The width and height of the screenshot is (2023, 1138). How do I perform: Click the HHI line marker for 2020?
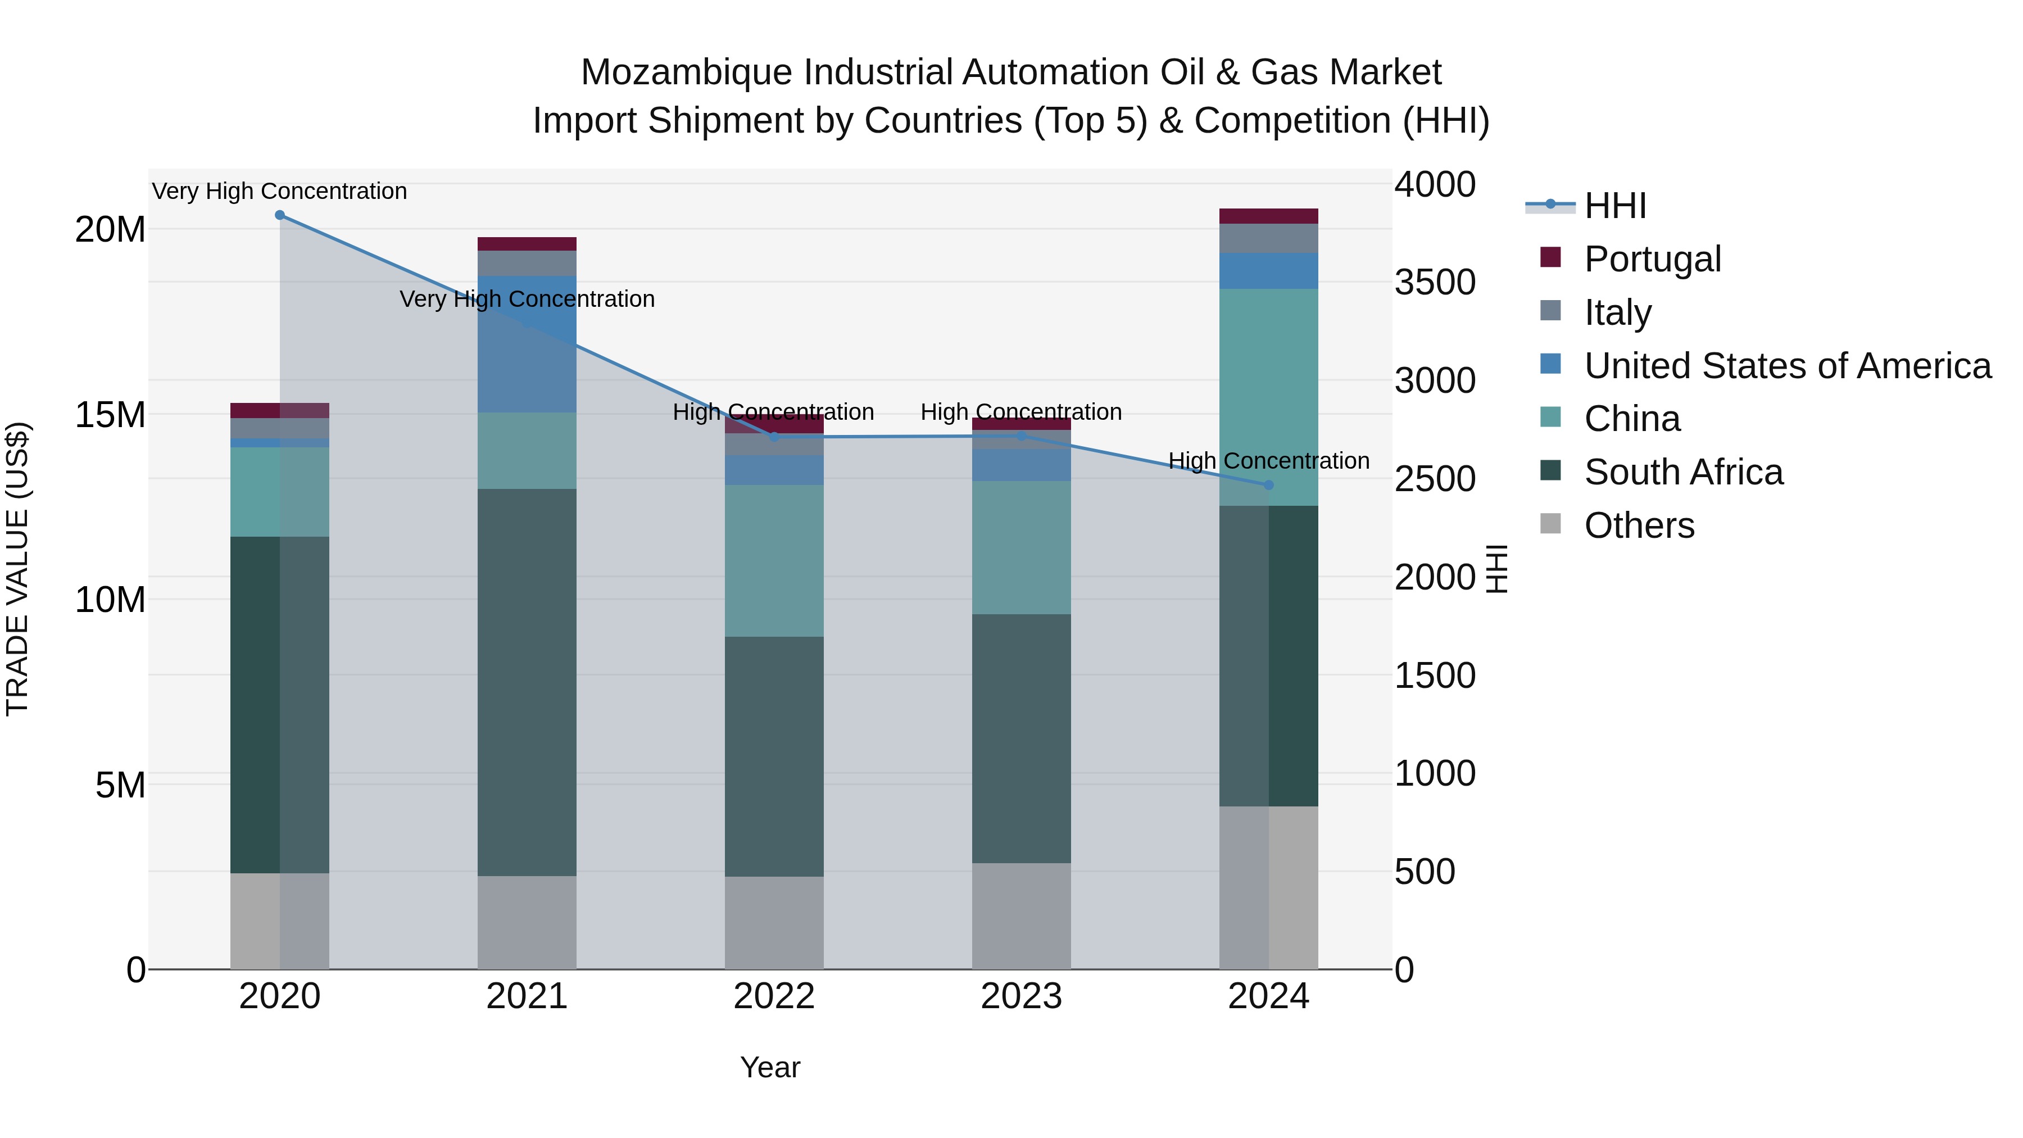(x=280, y=215)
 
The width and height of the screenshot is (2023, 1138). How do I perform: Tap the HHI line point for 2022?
(x=774, y=437)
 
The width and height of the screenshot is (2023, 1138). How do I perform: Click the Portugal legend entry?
(x=1652, y=259)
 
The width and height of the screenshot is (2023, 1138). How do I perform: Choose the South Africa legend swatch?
(x=1551, y=471)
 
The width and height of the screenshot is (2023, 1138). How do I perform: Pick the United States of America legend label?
(x=1788, y=366)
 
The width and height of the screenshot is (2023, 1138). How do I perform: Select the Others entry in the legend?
(x=1639, y=525)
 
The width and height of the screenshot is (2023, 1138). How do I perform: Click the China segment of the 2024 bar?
(x=1268, y=397)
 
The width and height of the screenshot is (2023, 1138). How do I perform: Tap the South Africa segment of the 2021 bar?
(x=527, y=682)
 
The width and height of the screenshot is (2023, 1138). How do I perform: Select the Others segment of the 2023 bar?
(x=1021, y=916)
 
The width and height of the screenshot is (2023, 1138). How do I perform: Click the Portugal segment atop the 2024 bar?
(x=1268, y=216)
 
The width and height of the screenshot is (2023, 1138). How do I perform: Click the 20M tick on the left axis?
(x=110, y=230)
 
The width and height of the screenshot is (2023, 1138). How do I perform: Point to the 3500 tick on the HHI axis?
(x=1434, y=283)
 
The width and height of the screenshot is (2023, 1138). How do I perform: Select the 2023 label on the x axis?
(x=1021, y=996)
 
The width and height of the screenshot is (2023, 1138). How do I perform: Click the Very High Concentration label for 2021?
(x=527, y=299)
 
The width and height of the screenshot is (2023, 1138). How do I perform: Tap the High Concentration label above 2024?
(x=1268, y=461)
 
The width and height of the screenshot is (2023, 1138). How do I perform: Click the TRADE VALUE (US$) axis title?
(x=18, y=569)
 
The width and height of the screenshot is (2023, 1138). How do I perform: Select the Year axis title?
(x=770, y=1067)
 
